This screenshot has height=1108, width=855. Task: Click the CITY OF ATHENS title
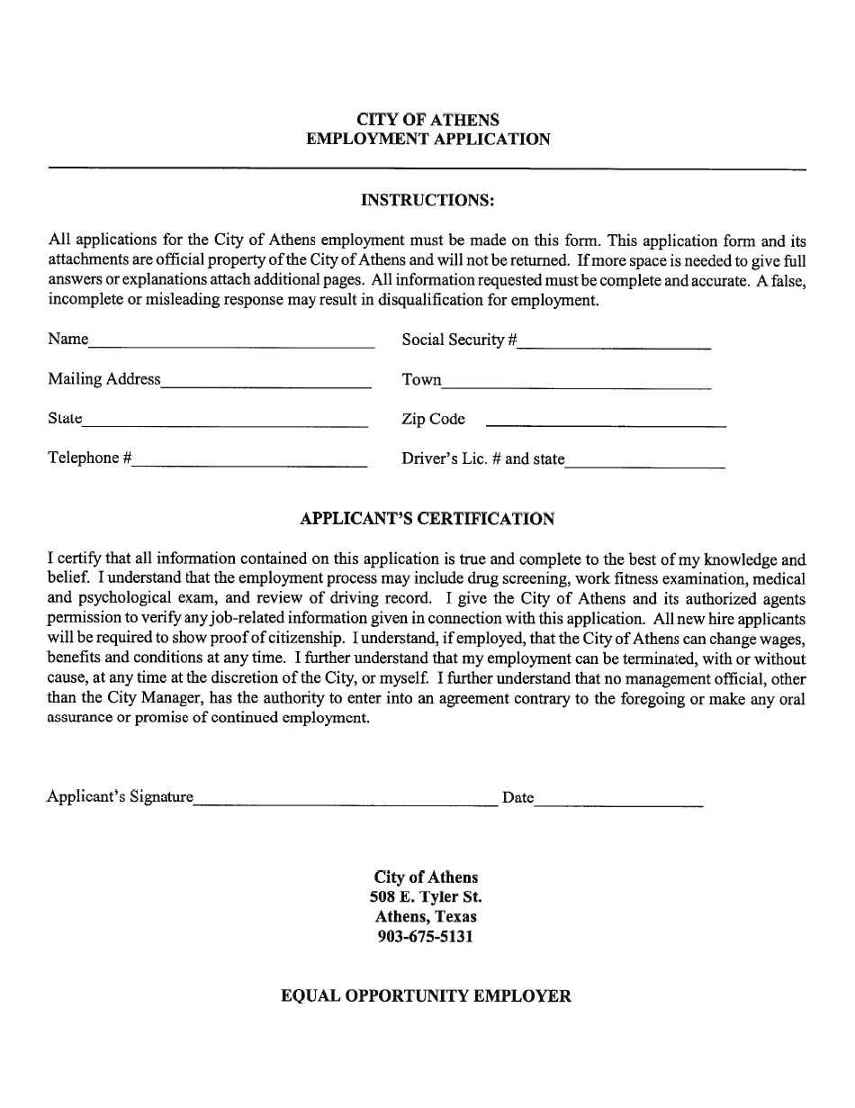click(427, 120)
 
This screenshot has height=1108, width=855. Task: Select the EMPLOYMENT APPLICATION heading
click(427, 140)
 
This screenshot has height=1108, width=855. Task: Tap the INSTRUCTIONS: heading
click(427, 199)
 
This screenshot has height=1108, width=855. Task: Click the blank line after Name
click(231, 343)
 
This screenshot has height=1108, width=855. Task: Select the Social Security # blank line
click(614, 343)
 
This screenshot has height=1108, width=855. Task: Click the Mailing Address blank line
click(266, 383)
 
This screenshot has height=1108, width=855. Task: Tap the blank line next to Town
click(576, 383)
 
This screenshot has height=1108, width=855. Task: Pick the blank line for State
click(225, 422)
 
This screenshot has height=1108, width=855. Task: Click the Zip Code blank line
click(606, 422)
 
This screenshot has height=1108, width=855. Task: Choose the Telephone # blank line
click(250, 462)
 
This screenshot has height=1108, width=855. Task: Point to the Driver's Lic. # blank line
click(644, 462)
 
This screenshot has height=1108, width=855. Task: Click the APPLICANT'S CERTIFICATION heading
click(427, 519)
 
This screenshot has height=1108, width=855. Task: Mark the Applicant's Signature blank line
click(346, 801)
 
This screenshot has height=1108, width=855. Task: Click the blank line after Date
click(618, 801)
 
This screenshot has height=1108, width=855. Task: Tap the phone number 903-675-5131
click(427, 937)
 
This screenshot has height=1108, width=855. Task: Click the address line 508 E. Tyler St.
click(427, 897)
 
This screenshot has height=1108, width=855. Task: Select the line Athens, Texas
click(427, 917)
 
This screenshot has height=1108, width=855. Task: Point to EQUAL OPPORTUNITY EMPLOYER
click(427, 996)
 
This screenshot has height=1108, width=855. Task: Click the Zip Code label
click(434, 419)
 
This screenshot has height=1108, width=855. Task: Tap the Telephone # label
click(90, 459)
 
